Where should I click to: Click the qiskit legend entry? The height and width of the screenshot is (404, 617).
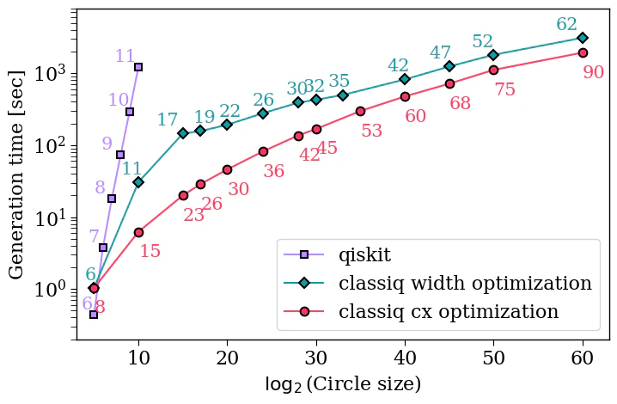point(365,254)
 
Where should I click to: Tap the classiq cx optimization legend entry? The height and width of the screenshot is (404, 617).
point(449,311)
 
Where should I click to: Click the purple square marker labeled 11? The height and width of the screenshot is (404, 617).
point(138,67)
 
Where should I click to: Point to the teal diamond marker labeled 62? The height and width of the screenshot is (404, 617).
point(583,38)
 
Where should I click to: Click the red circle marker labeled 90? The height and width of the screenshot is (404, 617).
point(583,52)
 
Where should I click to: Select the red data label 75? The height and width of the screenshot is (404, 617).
point(504,89)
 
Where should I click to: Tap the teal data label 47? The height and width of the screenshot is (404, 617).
point(440,52)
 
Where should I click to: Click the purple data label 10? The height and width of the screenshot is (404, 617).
point(118,100)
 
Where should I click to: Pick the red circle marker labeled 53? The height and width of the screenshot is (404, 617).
point(360,111)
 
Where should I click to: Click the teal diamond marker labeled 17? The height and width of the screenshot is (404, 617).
point(183,133)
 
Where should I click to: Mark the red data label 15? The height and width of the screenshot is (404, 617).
point(150,251)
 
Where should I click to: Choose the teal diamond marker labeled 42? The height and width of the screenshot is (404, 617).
point(405,79)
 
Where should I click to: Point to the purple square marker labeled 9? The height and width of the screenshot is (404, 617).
point(120,155)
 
